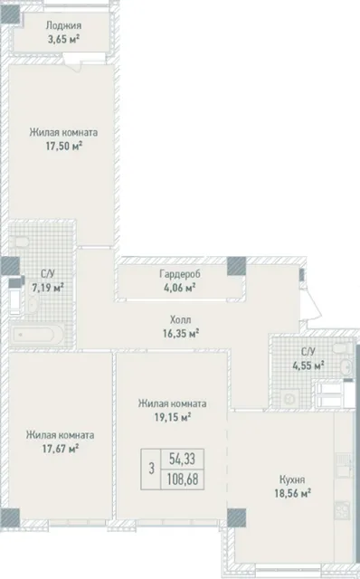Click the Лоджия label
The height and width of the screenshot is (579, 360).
point(63,26)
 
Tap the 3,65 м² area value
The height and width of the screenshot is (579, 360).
point(64,39)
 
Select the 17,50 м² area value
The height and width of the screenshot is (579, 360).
point(64,146)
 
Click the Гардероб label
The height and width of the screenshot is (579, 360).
point(180,274)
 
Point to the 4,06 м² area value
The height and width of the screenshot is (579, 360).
point(180,287)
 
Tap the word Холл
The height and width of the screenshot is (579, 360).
point(181,319)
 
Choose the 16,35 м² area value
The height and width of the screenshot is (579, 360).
point(181,334)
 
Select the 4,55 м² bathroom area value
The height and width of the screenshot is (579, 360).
point(308,365)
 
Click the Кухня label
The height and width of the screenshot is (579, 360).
point(292,479)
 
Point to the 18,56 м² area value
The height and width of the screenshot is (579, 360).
point(292,493)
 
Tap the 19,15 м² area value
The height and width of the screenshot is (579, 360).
point(172,417)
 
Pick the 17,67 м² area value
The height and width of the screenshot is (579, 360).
point(61,449)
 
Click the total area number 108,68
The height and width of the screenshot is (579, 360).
point(183,479)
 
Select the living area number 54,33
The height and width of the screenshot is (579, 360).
point(183,460)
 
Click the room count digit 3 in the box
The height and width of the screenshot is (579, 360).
point(151,470)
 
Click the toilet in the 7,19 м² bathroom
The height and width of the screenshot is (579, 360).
point(22,242)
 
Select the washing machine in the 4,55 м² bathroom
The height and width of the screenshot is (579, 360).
point(290,399)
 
